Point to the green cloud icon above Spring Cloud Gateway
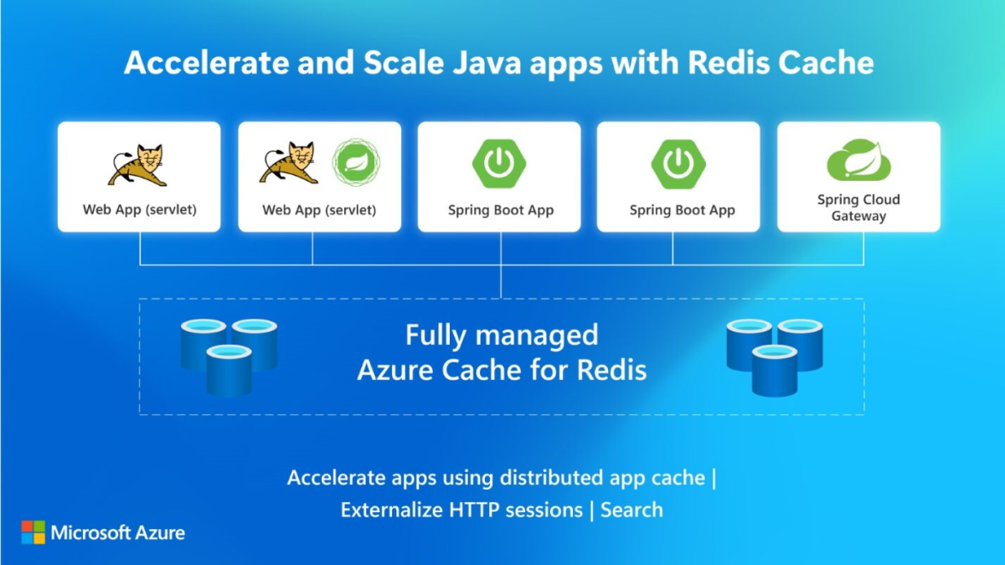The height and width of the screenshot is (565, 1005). (858, 161)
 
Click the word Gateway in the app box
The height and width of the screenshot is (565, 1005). (858, 216)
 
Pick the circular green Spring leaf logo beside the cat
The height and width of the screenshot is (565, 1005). (356, 162)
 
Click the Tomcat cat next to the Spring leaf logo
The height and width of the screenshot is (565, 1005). (289, 163)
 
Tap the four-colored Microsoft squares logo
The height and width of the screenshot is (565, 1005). (33, 532)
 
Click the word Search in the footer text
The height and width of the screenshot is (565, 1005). (631, 510)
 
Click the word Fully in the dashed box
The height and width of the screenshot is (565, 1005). (435, 336)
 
